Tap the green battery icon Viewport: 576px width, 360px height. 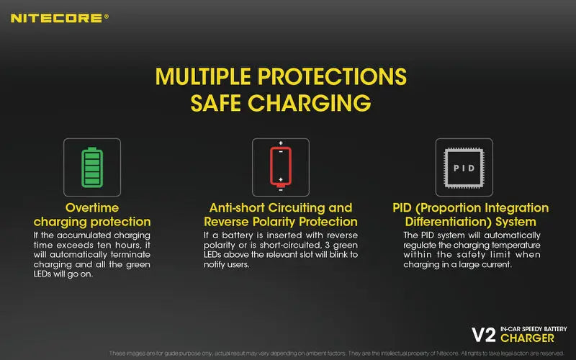pyautogui.click(x=92, y=167)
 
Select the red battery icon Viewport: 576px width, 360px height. pyautogui.click(x=280, y=167)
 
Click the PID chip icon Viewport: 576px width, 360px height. pyautogui.click(x=464, y=167)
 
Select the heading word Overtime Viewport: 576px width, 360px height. pyautogui.click(x=92, y=207)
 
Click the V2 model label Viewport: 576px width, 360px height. pyautogui.click(x=484, y=335)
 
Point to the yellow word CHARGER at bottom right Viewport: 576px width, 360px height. pyautogui.click(x=527, y=338)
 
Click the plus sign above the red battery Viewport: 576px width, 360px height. pyautogui.click(x=280, y=143)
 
